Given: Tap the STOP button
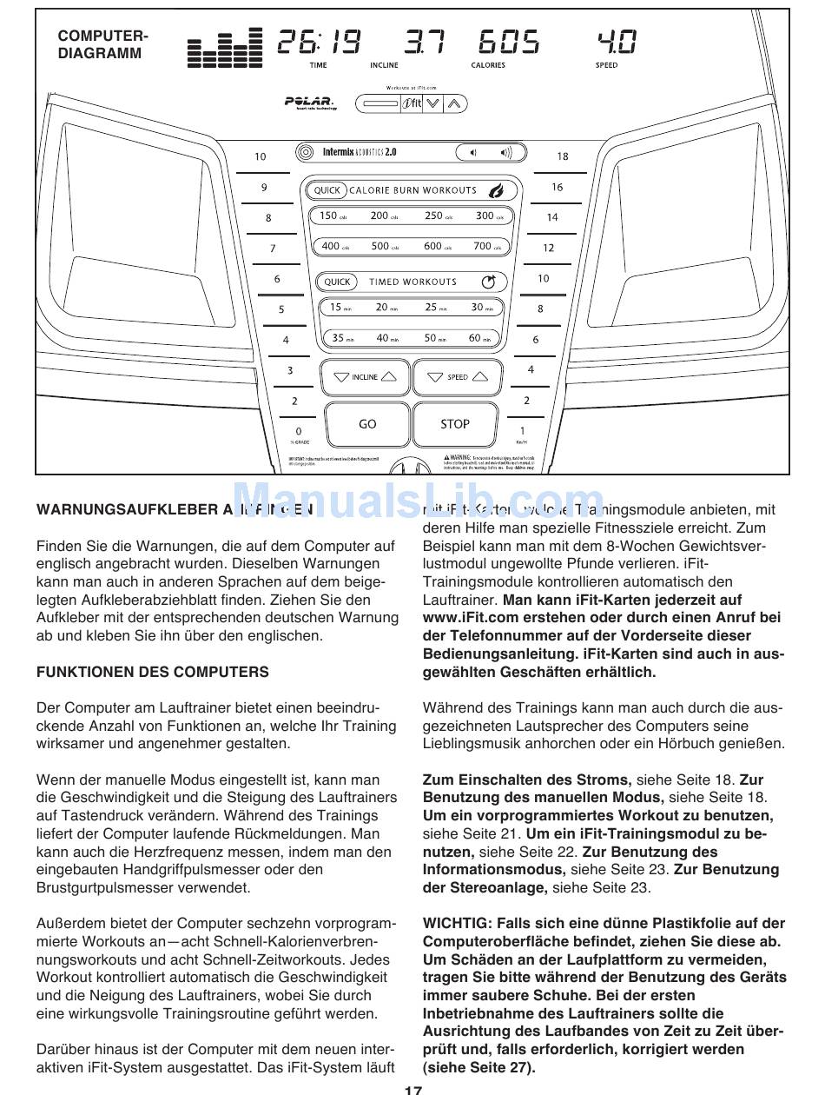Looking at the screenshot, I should pos(454,424).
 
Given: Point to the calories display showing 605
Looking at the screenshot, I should pos(509,43).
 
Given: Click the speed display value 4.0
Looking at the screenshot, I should pos(616,43).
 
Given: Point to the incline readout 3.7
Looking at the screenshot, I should pos(425,43).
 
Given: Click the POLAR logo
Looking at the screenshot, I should pos(308,103).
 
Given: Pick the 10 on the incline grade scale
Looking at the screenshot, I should pos(261,157).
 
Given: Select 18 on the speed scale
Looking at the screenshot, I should pos(563,156).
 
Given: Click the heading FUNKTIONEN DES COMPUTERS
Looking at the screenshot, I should pos(153,672).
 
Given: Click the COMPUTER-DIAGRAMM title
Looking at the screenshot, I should pos(102,44).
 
